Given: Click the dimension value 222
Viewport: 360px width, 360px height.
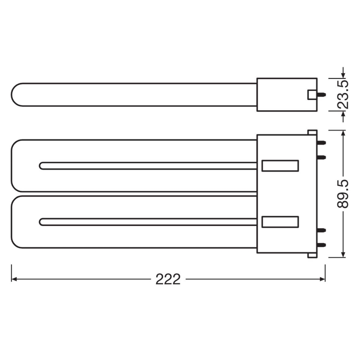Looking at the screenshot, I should (168, 279).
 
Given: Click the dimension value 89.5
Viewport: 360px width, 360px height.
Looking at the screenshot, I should (343, 194).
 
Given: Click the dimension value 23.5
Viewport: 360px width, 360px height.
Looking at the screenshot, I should (343, 94).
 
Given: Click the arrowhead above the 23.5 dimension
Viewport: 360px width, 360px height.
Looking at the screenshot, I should (343, 75).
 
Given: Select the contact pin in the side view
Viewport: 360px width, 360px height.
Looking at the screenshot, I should (321, 95).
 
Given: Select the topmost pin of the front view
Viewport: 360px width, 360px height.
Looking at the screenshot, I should (322, 143).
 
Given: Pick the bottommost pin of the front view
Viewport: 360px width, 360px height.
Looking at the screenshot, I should (322, 245).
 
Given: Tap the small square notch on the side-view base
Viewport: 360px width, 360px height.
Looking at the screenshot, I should (311, 95).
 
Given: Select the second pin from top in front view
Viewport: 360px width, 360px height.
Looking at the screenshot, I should (322, 157).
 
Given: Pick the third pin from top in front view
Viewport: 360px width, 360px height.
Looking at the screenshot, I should (322, 230).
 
